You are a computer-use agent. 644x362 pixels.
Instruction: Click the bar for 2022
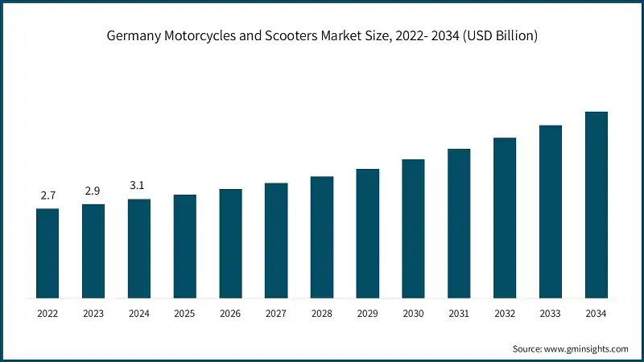point(47,253)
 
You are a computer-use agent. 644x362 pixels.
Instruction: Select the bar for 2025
point(184,246)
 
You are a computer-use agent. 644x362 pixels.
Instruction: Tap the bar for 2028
point(322,237)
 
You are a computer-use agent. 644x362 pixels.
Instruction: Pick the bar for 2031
point(459,224)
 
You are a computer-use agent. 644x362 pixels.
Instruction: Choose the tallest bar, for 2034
point(596,205)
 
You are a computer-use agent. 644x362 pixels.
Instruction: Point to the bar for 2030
point(413,228)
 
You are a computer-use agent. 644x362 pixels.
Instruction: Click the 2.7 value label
point(47,195)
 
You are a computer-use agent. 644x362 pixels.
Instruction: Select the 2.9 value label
point(93,191)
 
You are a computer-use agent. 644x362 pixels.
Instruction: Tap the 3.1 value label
point(138,186)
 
